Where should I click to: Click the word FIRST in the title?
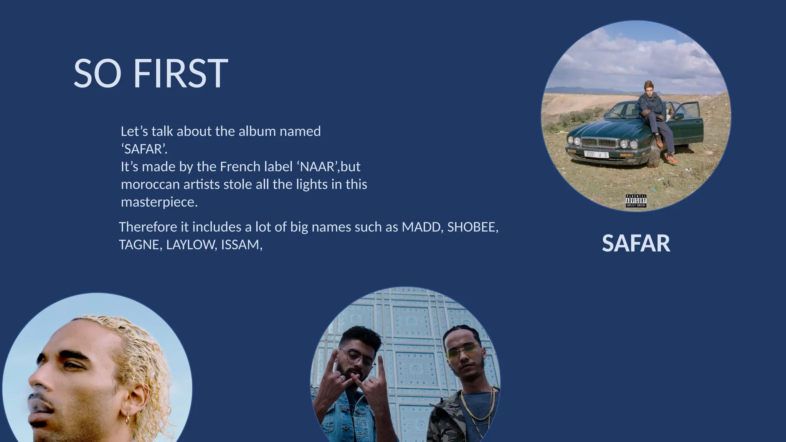point(180,74)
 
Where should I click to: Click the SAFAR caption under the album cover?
point(636,243)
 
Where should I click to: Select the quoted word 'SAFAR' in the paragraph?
point(144,149)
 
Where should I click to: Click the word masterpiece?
point(159,202)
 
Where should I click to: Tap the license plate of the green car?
point(596,154)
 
